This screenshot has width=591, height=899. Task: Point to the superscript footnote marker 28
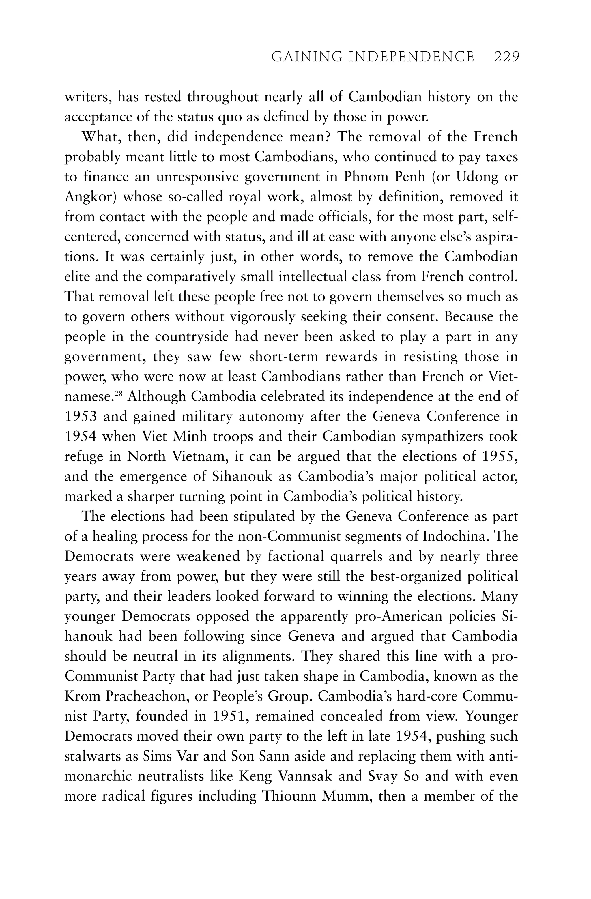[x=119, y=394]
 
